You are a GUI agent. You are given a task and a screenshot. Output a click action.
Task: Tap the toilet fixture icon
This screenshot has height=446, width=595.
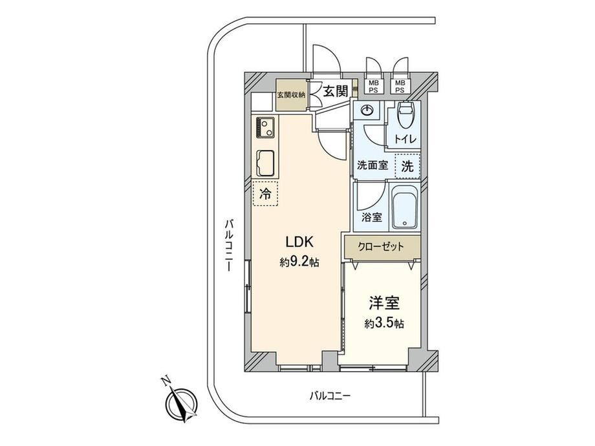click(x=405, y=114)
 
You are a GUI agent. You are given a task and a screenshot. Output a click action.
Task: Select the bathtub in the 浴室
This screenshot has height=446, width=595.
click(x=405, y=207)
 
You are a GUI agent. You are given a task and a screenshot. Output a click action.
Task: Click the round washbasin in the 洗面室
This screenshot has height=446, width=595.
click(x=367, y=111)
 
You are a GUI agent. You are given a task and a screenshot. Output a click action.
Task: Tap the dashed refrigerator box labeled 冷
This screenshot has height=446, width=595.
click(x=265, y=193)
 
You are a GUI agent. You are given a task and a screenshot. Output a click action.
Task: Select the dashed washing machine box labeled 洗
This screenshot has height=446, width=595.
click(x=407, y=166)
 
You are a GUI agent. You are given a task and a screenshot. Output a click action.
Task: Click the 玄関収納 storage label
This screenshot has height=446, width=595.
click(x=291, y=95)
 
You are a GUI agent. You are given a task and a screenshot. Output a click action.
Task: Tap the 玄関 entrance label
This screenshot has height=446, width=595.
click(x=336, y=91)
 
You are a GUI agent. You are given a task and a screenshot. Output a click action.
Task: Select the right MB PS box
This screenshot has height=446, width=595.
click(x=400, y=86)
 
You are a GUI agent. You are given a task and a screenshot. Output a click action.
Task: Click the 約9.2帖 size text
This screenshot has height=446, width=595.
click(x=299, y=262)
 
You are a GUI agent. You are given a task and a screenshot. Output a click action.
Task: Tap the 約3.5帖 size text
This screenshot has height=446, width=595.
click(x=384, y=323)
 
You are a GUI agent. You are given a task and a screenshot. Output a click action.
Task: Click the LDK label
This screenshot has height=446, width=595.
click(x=299, y=242)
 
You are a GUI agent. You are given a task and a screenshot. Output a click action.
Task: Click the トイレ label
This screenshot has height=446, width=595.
click(x=406, y=139)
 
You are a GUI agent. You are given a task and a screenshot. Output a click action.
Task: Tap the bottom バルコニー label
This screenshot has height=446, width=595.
click(x=330, y=397)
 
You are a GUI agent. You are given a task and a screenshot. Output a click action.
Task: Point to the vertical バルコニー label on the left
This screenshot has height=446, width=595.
click(x=228, y=244)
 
